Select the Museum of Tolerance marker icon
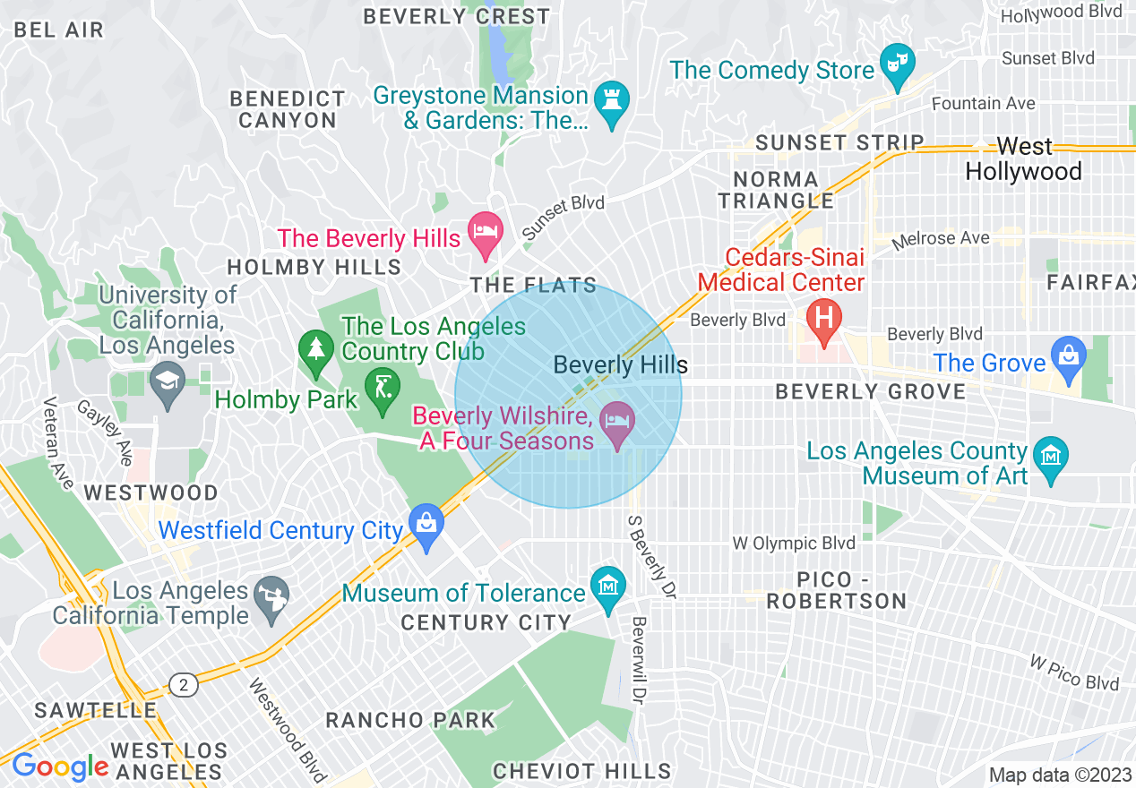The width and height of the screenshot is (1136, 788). pos(608,588)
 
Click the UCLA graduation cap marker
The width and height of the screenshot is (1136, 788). pos(167,382)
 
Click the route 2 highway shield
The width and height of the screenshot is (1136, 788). pos(184,685)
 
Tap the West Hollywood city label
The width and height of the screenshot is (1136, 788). pos(1024,158)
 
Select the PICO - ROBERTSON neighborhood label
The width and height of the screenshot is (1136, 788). pos(837,590)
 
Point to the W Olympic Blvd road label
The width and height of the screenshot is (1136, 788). pos(793,544)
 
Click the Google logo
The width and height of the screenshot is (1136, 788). pos(59,767)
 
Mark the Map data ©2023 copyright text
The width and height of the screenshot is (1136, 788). pos(1060,775)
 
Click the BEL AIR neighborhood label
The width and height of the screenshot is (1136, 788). pos(59,30)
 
